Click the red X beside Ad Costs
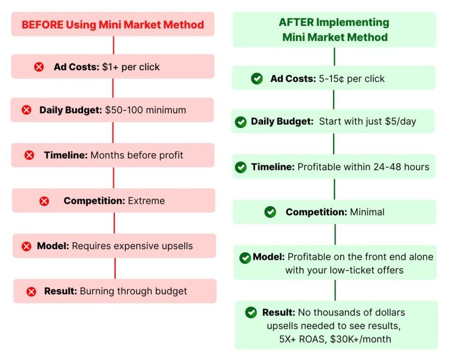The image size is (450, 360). (39, 67)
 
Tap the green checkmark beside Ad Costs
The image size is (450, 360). (257, 78)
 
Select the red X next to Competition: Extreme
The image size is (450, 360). (44, 201)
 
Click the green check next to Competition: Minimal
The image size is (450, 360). (270, 212)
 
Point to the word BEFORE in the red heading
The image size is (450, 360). (43, 25)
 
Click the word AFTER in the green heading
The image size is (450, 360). (296, 22)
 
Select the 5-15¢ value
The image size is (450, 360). (331, 79)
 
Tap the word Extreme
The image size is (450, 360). (146, 201)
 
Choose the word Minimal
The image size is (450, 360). (367, 212)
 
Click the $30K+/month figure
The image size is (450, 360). (360, 339)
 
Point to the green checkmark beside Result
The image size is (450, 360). (251, 313)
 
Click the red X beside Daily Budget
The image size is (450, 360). (26, 110)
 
